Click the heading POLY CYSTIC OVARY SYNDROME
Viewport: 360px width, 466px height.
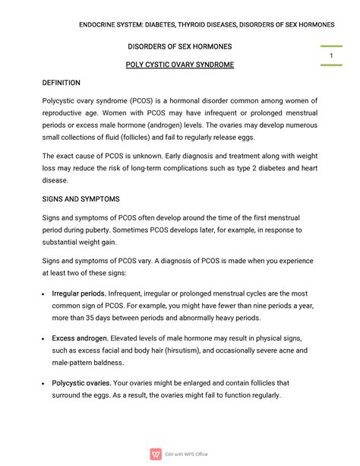pos(179,65)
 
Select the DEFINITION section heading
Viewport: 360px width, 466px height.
pos(61,83)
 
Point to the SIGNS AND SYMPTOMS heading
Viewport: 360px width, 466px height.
pos(81,198)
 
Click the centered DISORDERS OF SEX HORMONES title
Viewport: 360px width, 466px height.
pos(179,46)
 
